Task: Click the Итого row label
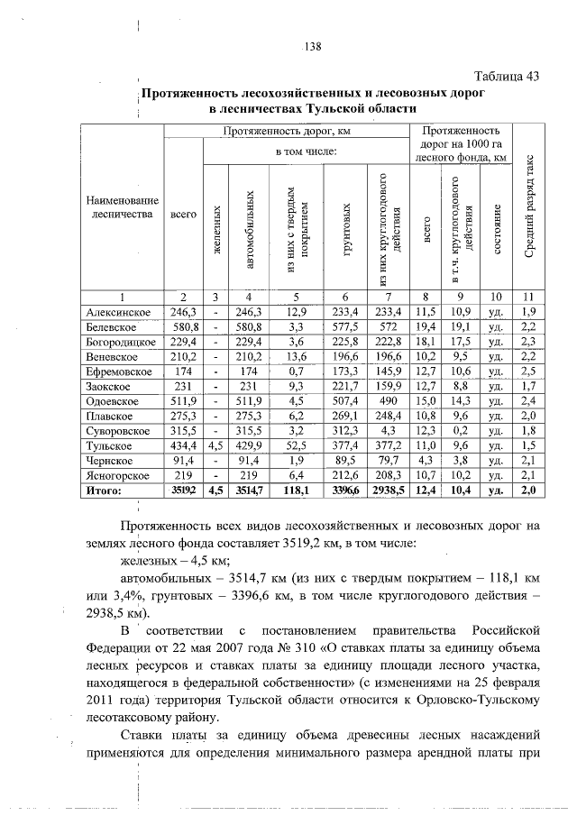pyautogui.click(x=103, y=490)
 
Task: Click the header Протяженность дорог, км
pyautogui.click(x=287, y=131)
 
